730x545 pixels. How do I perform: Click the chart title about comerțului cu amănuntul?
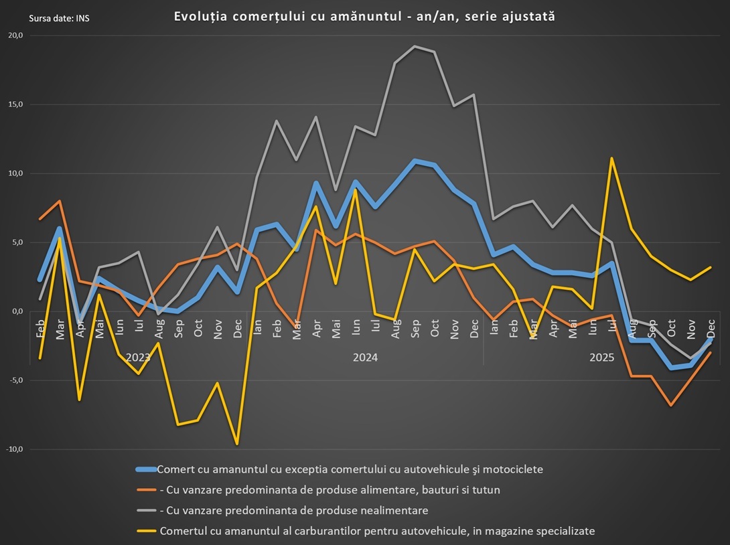click(364, 17)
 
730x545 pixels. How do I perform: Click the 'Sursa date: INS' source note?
click(60, 18)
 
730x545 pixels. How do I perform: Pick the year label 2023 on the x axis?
click(139, 358)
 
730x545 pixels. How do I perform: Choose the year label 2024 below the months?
click(366, 358)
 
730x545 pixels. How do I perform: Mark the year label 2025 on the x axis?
click(602, 358)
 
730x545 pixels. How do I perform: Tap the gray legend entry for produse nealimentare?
click(293, 510)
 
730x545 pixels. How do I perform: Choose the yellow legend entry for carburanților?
click(376, 531)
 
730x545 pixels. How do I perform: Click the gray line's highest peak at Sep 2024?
click(415, 46)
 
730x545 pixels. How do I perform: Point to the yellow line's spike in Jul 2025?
click(612, 158)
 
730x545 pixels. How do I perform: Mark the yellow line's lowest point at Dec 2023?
click(237, 444)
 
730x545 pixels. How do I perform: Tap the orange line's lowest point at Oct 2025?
click(671, 405)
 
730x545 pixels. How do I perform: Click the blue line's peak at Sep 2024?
click(415, 161)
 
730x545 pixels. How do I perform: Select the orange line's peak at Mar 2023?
click(60, 201)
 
